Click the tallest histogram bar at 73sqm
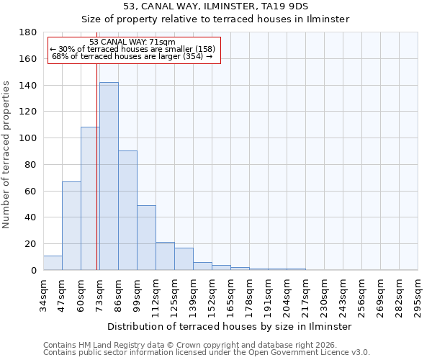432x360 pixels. [109, 176]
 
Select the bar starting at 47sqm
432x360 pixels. [71, 225]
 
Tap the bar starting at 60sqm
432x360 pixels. [90, 199]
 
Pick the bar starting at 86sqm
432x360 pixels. [127, 210]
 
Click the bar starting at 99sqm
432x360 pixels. [146, 238]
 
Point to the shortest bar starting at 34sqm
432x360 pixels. [53, 263]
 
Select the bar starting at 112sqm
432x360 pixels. [165, 256]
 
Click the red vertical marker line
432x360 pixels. [96, 180]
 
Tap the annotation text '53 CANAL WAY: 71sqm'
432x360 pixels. [132, 42]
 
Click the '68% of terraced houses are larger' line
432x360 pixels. [132, 56]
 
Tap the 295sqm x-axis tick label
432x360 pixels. [418, 293]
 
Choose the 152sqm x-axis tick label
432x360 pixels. [212, 293]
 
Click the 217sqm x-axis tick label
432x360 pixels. [306, 293]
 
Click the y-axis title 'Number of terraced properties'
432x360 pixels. [6, 155]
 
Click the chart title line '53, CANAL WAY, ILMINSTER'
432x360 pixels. [216, 6]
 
